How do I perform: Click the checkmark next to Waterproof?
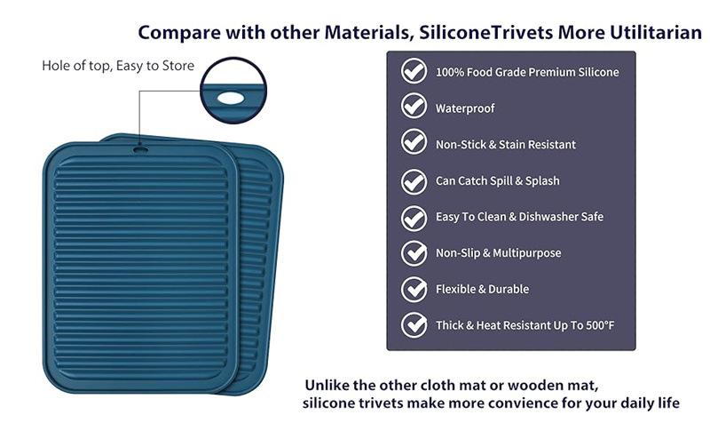click(x=414, y=106)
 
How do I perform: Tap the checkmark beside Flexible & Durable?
click(x=414, y=289)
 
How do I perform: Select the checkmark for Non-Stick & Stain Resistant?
click(x=414, y=142)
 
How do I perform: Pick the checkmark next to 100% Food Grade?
click(x=414, y=71)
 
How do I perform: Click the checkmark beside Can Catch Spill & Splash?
click(x=414, y=181)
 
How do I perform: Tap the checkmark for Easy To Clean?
click(x=414, y=218)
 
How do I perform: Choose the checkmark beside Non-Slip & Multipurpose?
click(x=414, y=252)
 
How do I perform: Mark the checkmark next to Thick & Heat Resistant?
click(x=414, y=325)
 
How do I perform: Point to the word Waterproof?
click(x=465, y=108)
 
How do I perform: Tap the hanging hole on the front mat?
click(x=140, y=148)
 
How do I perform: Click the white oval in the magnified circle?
click(x=231, y=98)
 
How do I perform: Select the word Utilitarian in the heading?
click(x=656, y=33)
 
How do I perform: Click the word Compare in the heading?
click(x=179, y=33)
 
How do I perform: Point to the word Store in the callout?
click(x=178, y=66)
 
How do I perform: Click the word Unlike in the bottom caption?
click(x=327, y=385)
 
